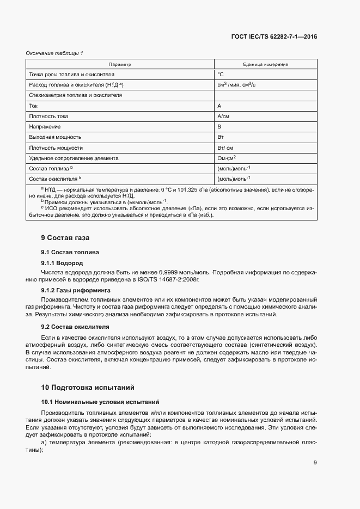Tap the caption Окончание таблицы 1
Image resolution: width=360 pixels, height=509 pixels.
[x=54, y=53]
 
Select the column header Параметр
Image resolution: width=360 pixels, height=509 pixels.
[x=120, y=64]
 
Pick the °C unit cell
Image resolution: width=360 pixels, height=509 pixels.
[x=221, y=74]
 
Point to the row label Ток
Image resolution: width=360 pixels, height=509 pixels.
[x=33, y=106]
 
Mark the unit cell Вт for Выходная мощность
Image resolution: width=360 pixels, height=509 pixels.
[x=221, y=137]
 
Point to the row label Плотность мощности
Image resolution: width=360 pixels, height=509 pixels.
[x=56, y=148]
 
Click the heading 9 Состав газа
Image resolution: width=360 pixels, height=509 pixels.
[x=65, y=238]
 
